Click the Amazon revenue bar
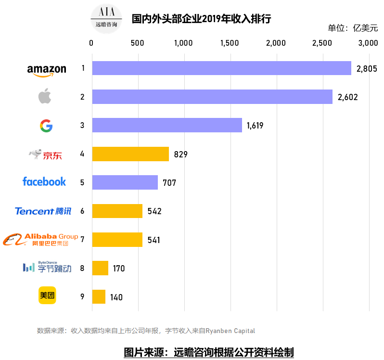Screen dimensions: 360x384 click(221, 68)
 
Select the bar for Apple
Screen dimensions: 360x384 click(212, 97)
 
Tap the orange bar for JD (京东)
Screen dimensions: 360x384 click(130, 154)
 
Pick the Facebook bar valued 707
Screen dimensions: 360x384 click(125, 182)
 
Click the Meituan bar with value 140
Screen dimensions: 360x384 click(99, 296)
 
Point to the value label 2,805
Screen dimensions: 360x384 click(366, 69)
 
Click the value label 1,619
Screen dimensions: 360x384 click(255, 126)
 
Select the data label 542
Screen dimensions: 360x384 click(154, 211)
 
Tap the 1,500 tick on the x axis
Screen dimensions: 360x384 click(230, 43)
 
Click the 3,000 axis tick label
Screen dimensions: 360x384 click(368, 43)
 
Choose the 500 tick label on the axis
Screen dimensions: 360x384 click(137, 43)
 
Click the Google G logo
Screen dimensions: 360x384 click(46, 126)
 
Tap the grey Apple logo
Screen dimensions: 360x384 click(45, 96)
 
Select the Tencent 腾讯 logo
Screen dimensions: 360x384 click(43, 211)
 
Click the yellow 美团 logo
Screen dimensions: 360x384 click(47, 296)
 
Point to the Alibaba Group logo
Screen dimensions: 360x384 click(41, 239)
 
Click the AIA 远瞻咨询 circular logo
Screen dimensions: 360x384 click(106, 18)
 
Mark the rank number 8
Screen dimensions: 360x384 click(82, 268)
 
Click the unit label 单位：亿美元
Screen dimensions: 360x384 click(353, 28)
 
